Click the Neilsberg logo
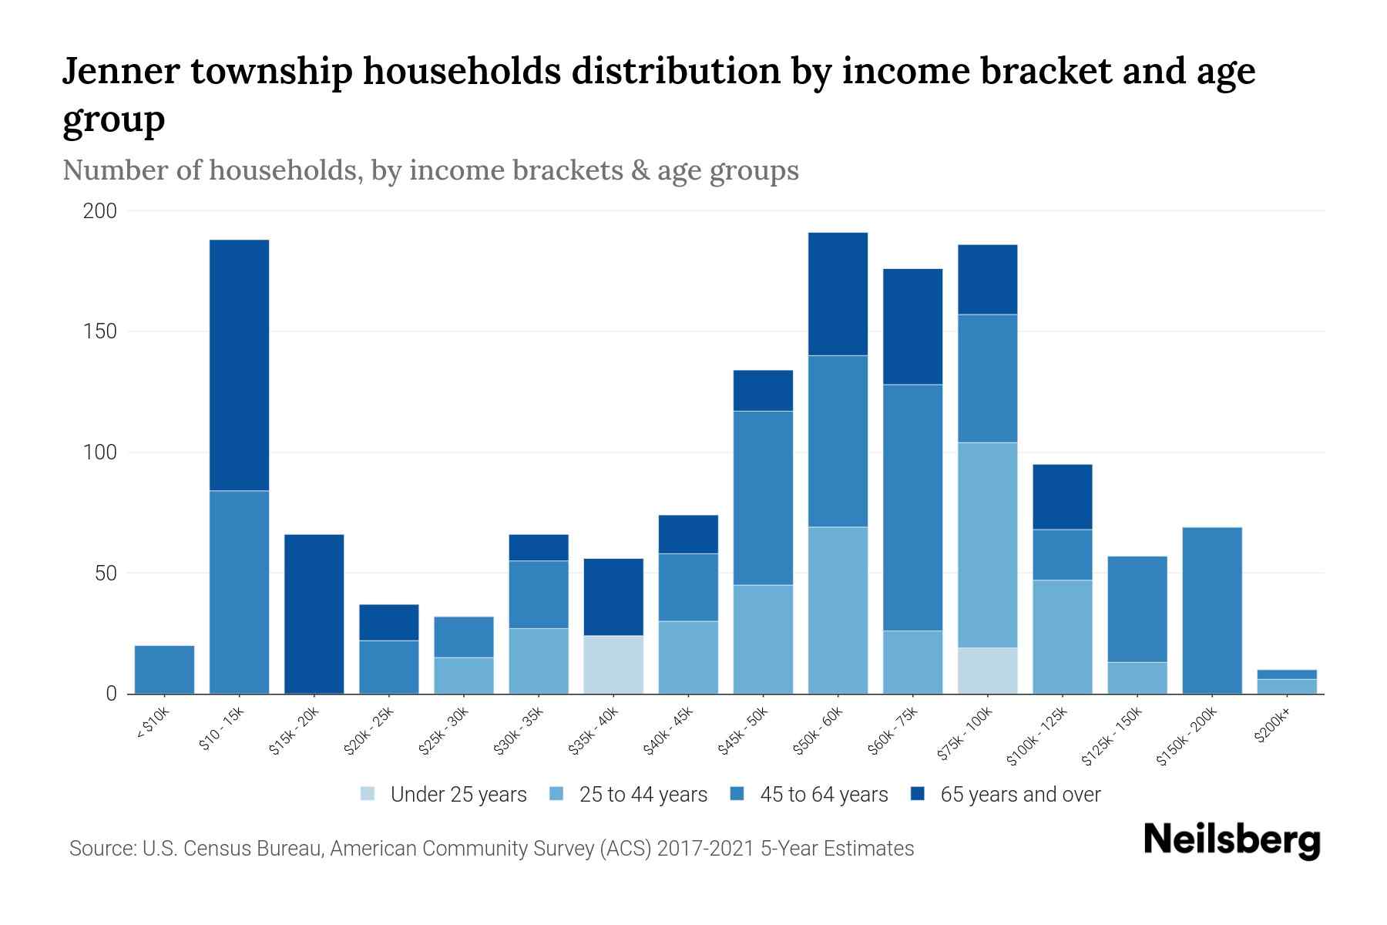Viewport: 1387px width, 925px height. pyautogui.click(x=1231, y=839)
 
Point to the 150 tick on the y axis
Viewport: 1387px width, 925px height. pyautogui.click(x=100, y=331)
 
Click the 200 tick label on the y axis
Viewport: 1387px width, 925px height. pyautogui.click(x=100, y=210)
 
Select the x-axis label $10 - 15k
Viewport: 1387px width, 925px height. pyautogui.click(x=221, y=729)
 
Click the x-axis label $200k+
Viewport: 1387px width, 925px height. pyautogui.click(x=1271, y=728)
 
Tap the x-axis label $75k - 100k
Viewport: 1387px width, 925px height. pyautogui.click(x=965, y=735)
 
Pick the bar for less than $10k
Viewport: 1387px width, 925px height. pyautogui.click(x=164, y=670)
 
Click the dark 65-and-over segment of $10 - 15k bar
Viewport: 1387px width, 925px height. pyautogui.click(x=239, y=365)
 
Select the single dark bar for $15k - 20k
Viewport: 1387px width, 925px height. pyautogui.click(x=314, y=614)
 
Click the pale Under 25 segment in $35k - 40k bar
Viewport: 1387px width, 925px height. pyautogui.click(x=613, y=664)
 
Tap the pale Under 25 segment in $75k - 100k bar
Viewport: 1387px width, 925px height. pyautogui.click(x=987, y=671)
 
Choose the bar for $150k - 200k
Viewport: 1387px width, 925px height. pyautogui.click(x=1211, y=610)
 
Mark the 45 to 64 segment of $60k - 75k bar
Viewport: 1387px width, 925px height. pyautogui.click(x=912, y=507)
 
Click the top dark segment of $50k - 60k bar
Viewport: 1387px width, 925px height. pyautogui.click(x=838, y=293)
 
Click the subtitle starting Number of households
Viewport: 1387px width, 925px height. pyautogui.click(x=430, y=170)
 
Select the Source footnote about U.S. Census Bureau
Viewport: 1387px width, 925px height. pyautogui.click(x=491, y=849)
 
